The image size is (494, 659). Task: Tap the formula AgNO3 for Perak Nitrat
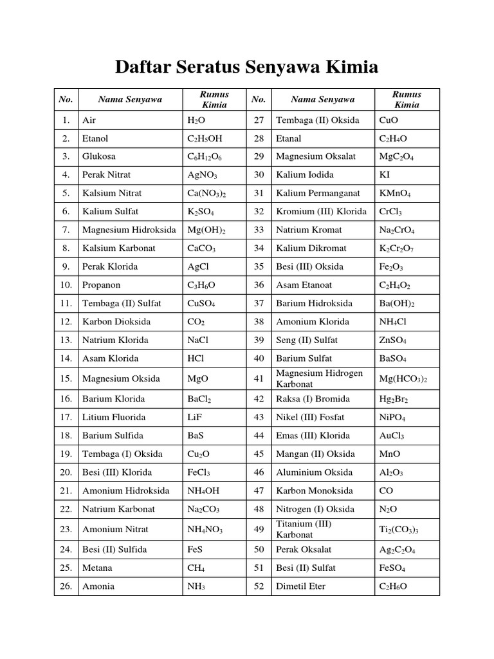[x=202, y=175]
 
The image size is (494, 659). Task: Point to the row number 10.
[x=66, y=284]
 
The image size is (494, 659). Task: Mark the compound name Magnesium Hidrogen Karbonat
[x=319, y=378]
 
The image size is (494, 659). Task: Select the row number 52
[x=259, y=586]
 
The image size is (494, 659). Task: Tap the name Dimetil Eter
[x=300, y=586]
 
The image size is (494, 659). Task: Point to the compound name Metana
[x=97, y=568]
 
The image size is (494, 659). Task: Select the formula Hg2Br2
[x=394, y=399]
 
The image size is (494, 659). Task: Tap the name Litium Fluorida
[x=114, y=417]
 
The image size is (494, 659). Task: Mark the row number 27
[x=259, y=120]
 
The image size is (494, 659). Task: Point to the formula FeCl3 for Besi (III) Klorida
[x=199, y=472]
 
